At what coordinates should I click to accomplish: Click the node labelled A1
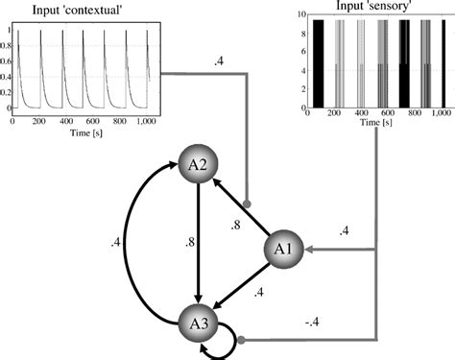(285, 251)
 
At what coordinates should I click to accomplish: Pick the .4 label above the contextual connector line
(221, 61)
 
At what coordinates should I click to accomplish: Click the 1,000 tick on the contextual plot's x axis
(147, 123)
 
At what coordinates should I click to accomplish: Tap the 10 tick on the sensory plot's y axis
(301, 15)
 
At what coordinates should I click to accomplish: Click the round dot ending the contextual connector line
(248, 204)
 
